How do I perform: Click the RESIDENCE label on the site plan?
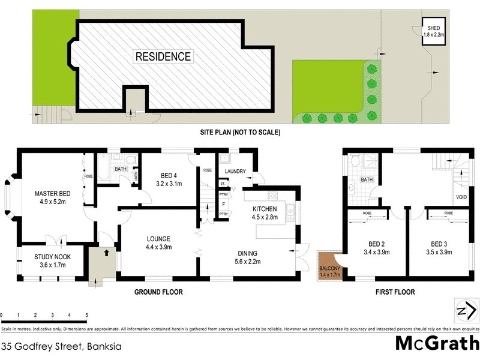[x=163, y=57]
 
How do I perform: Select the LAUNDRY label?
[x=235, y=172]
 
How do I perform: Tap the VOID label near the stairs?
[x=461, y=196]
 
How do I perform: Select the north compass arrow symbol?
[x=463, y=310]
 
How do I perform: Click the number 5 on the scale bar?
[x=86, y=315]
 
